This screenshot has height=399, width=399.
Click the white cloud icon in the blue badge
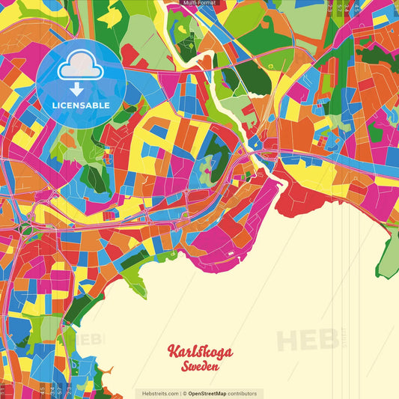[x=80, y=68]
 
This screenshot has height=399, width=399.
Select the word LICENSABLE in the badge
[x=80, y=106]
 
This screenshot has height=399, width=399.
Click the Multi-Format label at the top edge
[x=199, y=4]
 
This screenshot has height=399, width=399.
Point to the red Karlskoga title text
[x=200, y=352]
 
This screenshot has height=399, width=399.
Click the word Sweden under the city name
[x=200, y=367]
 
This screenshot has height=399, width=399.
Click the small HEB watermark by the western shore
[x=91, y=339]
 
